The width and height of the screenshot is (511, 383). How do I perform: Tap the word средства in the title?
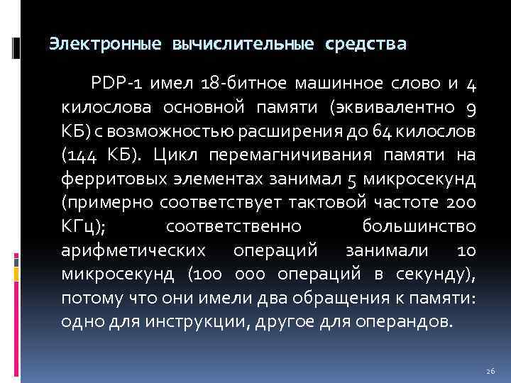pyautogui.click(x=366, y=45)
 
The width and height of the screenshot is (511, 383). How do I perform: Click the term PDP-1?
pyautogui.click(x=112, y=85)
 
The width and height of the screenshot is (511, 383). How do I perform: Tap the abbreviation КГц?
pyautogui.click(x=82, y=226)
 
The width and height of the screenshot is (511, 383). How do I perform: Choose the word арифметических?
pyautogui.click(x=135, y=250)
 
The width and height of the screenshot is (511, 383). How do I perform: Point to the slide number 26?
pyautogui.click(x=490, y=371)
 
